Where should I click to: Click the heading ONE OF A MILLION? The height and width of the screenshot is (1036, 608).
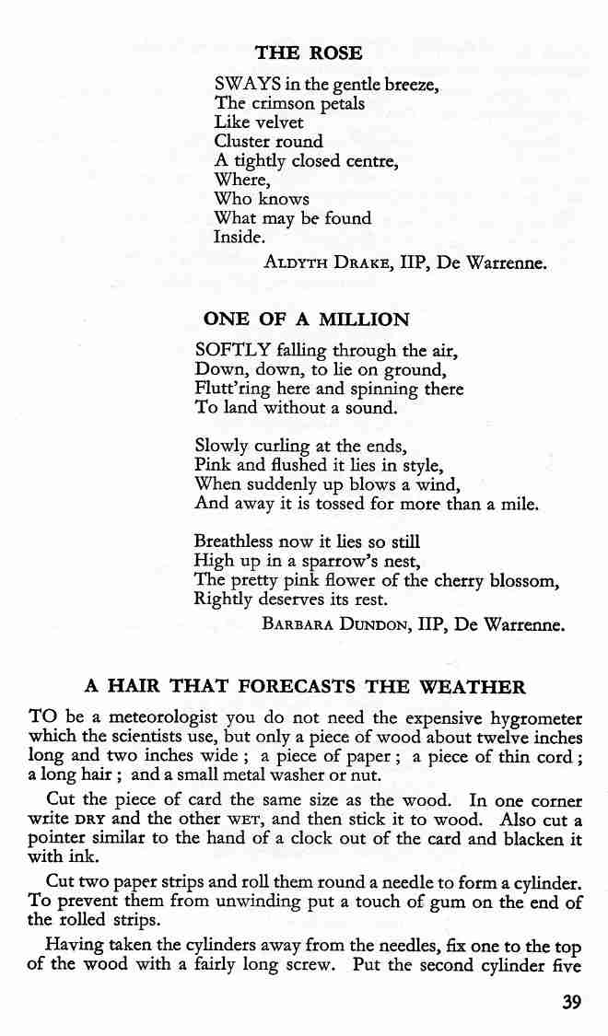point(306,320)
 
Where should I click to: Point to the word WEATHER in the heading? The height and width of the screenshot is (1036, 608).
point(472,686)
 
